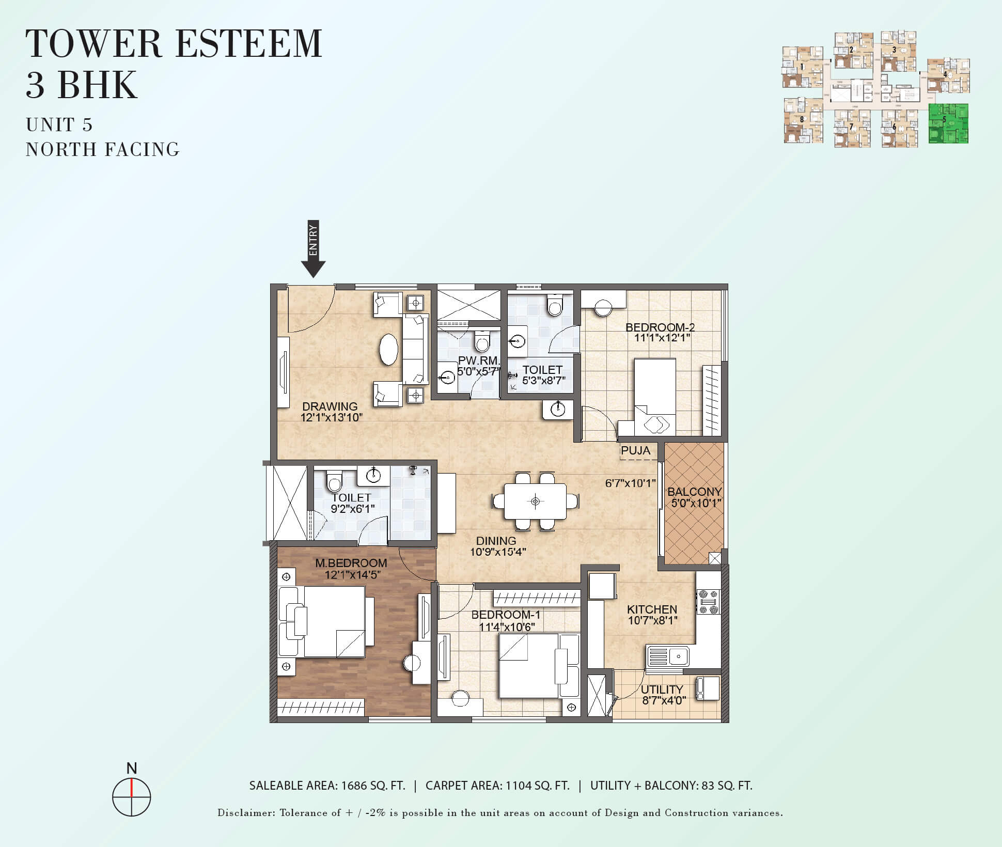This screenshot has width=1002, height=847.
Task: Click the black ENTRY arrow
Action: [313, 249]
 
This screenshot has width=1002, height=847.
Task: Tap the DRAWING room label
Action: [330, 406]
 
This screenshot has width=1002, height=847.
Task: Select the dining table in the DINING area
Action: [535, 501]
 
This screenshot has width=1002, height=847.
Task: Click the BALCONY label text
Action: [694, 492]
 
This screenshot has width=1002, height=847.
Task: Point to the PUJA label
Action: [636, 450]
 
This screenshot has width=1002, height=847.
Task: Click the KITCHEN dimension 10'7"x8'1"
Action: [652, 620]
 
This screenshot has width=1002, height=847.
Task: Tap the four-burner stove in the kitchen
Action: [708, 602]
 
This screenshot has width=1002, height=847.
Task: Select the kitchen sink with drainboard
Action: [668, 656]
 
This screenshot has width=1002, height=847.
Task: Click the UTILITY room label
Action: [662, 689]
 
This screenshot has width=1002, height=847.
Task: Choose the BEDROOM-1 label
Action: [506, 615]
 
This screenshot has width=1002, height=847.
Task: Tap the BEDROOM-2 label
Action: [660, 327]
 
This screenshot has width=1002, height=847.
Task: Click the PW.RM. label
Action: [479, 360]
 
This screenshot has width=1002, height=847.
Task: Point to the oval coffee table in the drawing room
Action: [389, 350]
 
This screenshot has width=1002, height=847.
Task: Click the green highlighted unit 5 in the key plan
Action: [948, 123]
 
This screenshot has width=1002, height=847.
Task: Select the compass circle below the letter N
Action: [132, 797]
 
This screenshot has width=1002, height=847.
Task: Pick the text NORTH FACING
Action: [103, 149]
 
